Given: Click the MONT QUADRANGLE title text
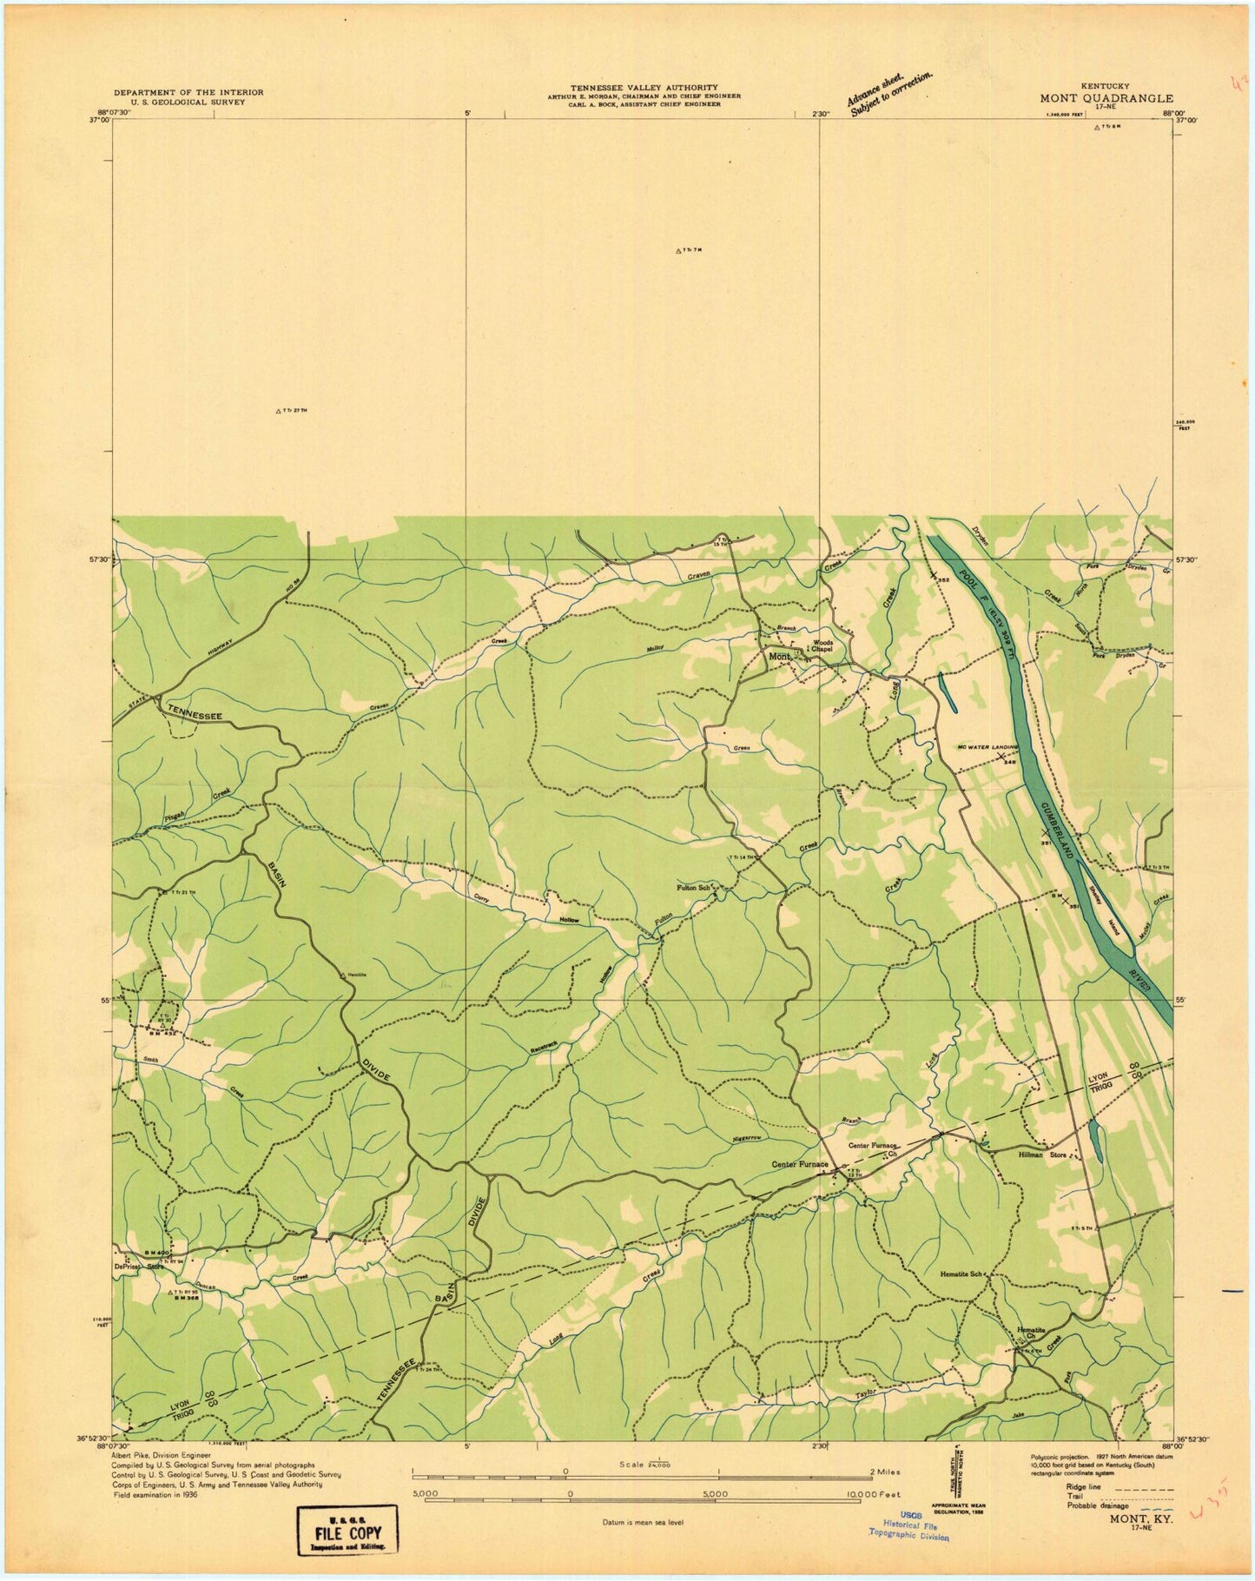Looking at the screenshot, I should coord(1106,98).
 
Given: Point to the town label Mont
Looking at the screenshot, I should coord(779,657).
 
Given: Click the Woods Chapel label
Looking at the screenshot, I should coord(822,646).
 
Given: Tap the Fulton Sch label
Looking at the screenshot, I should coord(694,888).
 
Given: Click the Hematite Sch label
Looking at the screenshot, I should coord(961,1274).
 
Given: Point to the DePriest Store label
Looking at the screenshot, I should coord(143,1267).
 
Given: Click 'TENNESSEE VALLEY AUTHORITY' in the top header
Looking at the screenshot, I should coord(644,88).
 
